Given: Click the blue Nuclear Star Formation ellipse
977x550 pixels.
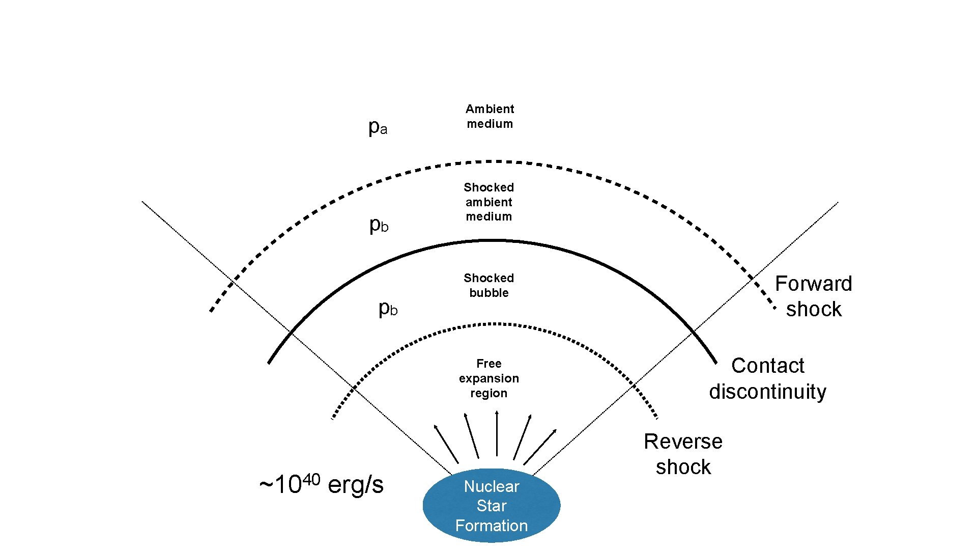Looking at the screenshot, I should coord(491,506).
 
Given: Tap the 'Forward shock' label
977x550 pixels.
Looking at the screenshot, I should coord(813,296).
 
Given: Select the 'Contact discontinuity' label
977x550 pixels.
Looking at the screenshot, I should coord(767,378).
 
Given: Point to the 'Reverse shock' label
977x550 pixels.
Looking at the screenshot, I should coord(683,454).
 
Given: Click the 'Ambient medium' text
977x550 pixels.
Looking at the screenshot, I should coord(490,116).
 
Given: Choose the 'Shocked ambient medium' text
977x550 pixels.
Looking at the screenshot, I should coord(489,202).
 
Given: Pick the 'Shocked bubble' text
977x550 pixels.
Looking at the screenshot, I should coord(489,285).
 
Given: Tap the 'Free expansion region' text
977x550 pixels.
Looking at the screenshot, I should coord(489,378).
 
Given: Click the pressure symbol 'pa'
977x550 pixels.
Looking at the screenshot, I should coord(378,127).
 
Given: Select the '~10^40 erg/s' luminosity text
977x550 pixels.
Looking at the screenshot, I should coord(321,484).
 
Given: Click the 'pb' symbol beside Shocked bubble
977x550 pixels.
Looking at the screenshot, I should coord(388,308).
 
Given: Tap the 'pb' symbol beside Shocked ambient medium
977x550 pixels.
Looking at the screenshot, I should coord(379,224).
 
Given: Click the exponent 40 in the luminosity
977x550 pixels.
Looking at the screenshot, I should coord(311,479).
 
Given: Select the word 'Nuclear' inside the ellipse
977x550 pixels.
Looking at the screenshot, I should coord(491,486).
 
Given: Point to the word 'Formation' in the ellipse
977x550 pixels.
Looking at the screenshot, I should coord(491,526).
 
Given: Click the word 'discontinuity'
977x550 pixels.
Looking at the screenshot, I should coord(767,392).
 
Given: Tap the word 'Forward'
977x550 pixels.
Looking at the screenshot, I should coord(813,284).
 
